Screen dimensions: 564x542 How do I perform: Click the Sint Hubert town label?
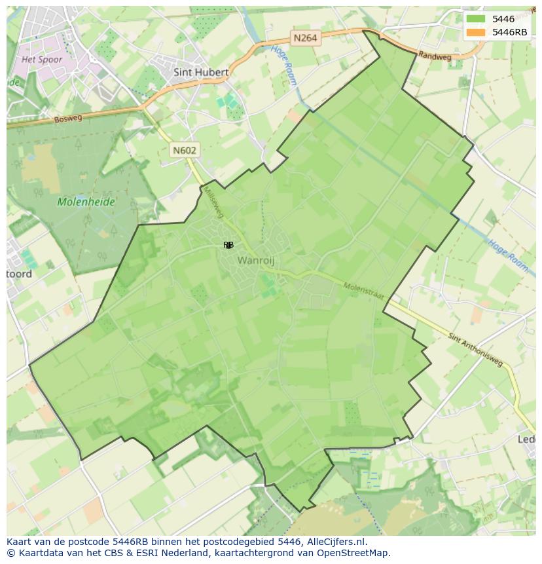[201, 72]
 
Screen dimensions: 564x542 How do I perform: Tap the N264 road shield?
[305, 38]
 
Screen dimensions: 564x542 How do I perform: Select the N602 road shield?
[185, 150]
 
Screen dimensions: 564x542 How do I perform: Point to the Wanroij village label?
[255, 260]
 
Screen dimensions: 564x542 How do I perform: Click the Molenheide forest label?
[86, 202]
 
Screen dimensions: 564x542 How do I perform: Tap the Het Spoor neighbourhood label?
[42, 60]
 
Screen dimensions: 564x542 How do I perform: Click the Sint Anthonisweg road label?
[476, 350]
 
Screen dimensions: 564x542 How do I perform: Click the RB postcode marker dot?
[228, 245]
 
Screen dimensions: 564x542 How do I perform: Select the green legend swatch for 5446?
[476, 19]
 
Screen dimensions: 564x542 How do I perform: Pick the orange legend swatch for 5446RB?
[476, 32]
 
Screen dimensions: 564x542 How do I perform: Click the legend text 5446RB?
[511, 32]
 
